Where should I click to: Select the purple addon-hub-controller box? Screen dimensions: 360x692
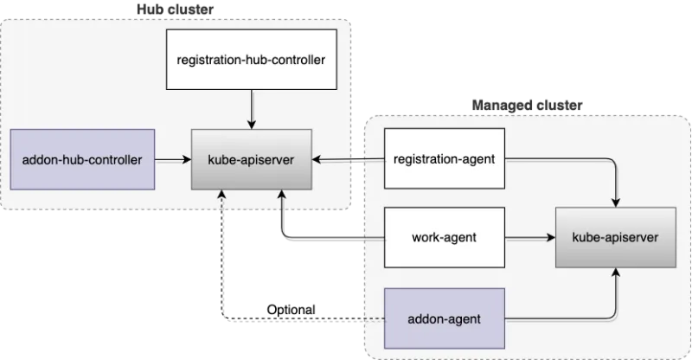(82, 159)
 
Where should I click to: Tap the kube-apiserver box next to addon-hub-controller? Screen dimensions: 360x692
(250, 159)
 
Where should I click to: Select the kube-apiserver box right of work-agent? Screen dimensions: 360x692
(616, 235)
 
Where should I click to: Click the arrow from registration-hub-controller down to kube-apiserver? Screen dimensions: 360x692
(251, 111)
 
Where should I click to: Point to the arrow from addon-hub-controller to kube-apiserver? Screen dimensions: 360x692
(173, 159)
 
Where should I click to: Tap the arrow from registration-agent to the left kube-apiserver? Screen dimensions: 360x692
(346, 160)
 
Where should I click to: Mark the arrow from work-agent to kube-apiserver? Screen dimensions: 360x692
(529, 235)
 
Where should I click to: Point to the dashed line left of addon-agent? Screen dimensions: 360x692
(369, 319)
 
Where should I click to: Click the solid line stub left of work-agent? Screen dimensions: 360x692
(370, 235)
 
